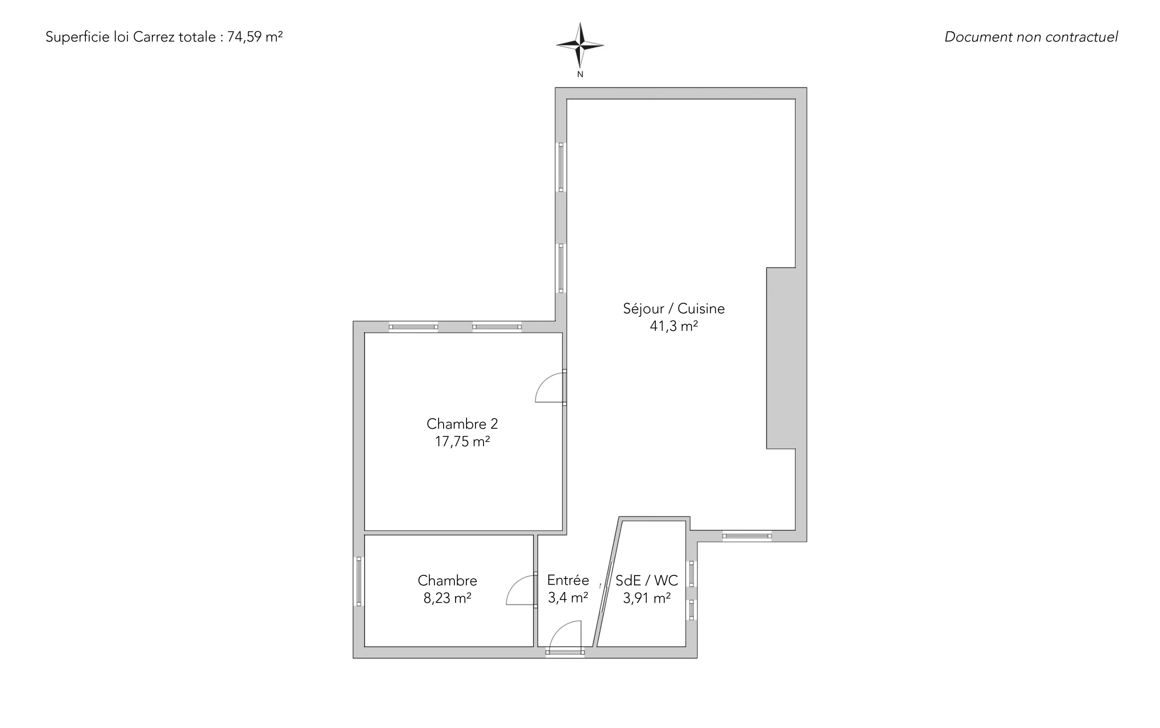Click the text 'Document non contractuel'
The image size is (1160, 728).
pos(1031,37)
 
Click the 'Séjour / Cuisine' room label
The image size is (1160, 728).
pos(673,309)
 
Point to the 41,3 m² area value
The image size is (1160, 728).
pos(673,326)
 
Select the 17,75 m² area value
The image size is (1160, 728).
pos(462,442)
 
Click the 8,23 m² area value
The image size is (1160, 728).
pos(447,598)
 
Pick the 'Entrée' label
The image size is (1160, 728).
pos(568,580)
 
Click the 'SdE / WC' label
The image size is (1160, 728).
pos(647,580)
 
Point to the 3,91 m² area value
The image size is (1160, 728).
pos(647,598)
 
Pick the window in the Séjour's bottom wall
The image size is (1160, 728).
pos(747,536)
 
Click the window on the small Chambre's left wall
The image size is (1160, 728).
pos(359,581)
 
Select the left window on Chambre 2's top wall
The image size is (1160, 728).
pos(413,327)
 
